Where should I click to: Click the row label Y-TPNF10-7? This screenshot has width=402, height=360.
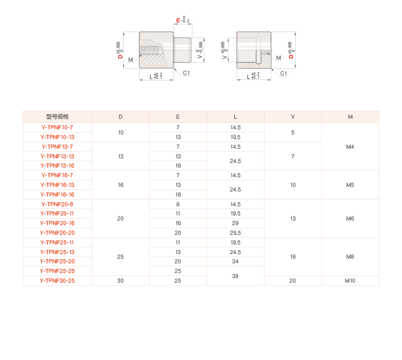click(x=57, y=127)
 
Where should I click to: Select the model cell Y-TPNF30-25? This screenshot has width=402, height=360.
click(x=57, y=281)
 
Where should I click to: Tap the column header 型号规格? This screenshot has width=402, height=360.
click(x=57, y=117)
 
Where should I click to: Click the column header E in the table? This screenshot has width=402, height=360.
click(x=178, y=117)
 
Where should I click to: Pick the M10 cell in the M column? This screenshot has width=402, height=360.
click(x=350, y=281)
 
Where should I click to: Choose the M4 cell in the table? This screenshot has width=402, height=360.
click(x=350, y=147)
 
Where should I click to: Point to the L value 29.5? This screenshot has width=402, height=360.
click(x=236, y=233)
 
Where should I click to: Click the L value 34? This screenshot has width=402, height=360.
click(x=236, y=261)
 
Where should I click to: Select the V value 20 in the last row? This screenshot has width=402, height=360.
click(x=293, y=281)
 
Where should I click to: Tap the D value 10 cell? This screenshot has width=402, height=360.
click(x=121, y=132)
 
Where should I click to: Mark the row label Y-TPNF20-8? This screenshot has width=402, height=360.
click(x=57, y=204)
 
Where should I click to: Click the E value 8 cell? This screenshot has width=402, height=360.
click(x=178, y=204)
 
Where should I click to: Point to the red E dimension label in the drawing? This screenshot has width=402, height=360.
click(x=178, y=20)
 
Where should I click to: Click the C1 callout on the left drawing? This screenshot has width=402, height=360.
click(x=186, y=73)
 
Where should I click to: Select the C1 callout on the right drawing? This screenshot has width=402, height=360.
click(x=283, y=73)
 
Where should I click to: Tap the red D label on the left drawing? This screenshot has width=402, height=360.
click(x=120, y=56)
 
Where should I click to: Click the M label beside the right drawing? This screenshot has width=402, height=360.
click(x=278, y=58)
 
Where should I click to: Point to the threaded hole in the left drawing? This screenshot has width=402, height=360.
click(x=151, y=50)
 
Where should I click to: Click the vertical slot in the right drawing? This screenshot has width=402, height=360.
click(x=259, y=50)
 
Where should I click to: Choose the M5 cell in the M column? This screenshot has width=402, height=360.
click(x=350, y=185)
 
